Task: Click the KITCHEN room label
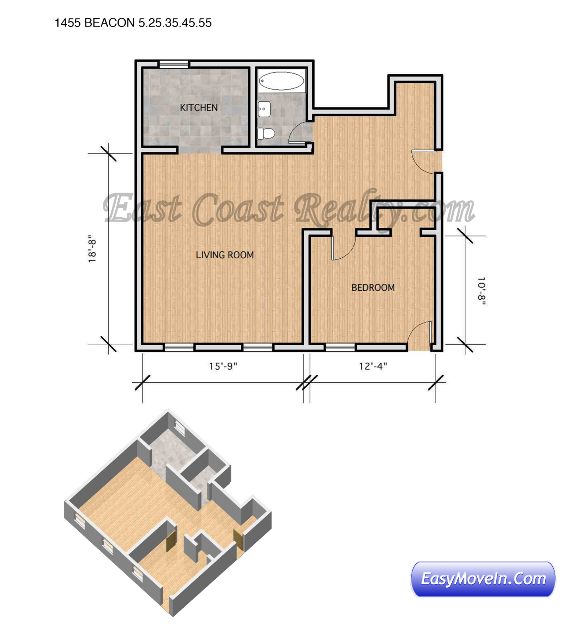pyautogui.click(x=198, y=108)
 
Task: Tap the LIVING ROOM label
pyautogui.click(x=225, y=255)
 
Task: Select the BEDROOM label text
pyautogui.click(x=373, y=288)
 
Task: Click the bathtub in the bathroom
pyautogui.click(x=281, y=81)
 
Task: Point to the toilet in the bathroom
pyautogui.click(x=265, y=133)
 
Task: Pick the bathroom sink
pyautogui.click(x=263, y=109)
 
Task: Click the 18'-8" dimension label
pyautogui.click(x=92, y=249)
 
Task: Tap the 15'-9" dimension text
pyautogui.click(x=223, y=366)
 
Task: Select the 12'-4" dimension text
pyautogui.click(x=373, y=366)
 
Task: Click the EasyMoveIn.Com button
pyautogui.click(x=483, y=579)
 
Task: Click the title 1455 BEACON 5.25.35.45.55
pyautogui.click(x=133, y=23)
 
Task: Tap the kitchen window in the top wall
pyautogui.click(x=174, y=64)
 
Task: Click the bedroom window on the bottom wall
pyautogui.click(x=340, y=347)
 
